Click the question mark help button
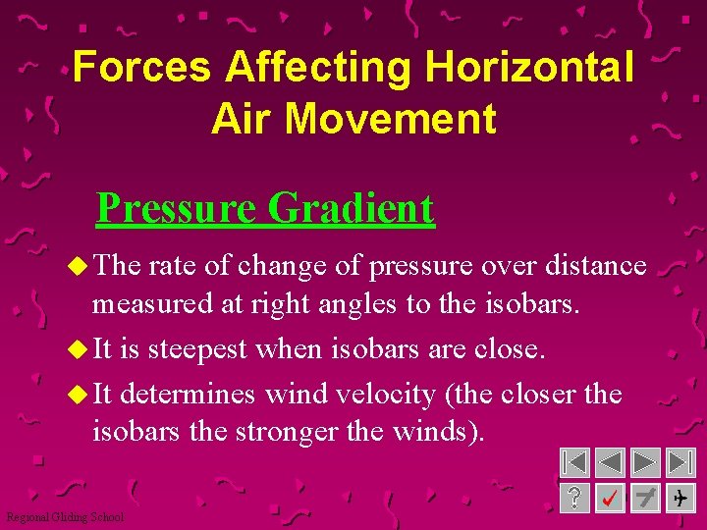pos(574,499)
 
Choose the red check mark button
pos(610,499)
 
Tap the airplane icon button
pos(680,499)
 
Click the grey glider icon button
pos(645,499)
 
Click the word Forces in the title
pos(141,67)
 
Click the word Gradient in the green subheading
pos(351,208)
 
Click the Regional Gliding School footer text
pos(65,517)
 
